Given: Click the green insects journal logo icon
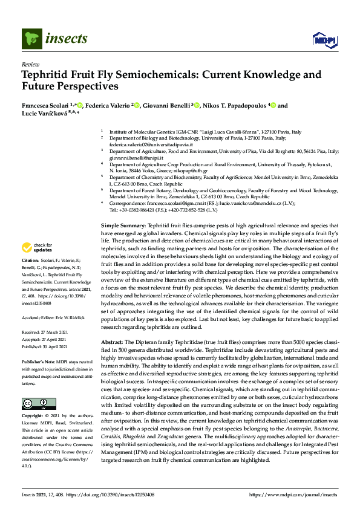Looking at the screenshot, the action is click(31, 39).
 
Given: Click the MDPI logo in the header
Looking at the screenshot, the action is click(324, 40).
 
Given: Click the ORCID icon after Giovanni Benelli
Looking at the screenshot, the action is click(197, 105).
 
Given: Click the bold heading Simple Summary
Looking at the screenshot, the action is click(123, 224).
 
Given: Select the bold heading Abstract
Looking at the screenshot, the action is click(113, 342).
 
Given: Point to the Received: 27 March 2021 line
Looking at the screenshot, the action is click(43, 332).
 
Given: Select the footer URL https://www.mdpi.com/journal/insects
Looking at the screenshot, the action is click(293, 494).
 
